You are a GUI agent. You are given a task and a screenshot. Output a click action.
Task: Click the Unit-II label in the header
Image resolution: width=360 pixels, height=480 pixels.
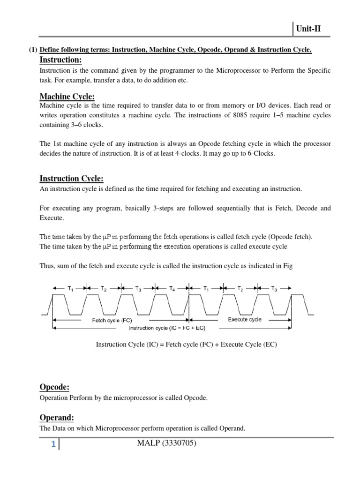pyautogui.click(x=308, y=29)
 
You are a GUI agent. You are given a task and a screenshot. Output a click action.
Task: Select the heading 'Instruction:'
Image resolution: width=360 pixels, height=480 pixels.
pyautogui.click(x=60, y=60)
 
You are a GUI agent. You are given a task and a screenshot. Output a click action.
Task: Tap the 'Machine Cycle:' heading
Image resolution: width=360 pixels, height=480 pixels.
pyautogui.click(x=67, y=97)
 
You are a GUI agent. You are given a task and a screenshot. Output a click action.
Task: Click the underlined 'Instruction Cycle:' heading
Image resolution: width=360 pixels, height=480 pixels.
pyautogui.click(x=71, y=179)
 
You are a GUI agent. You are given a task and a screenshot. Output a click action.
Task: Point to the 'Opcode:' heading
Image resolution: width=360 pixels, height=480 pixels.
pyautogui.click(x=54, y=387)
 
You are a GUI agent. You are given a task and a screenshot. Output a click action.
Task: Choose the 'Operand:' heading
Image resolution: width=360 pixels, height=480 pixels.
pyautogui.click(x=57, y=418)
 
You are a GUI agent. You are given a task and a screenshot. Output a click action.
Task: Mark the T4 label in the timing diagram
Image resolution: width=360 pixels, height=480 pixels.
pyautogui.click(x=172, y=289)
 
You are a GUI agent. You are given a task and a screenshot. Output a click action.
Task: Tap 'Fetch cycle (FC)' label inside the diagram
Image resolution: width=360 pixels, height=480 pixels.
pyautogui.click(x=112, y=321)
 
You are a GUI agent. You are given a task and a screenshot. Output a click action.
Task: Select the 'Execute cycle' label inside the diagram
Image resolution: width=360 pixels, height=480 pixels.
pyautogui.click(x=245, y=320)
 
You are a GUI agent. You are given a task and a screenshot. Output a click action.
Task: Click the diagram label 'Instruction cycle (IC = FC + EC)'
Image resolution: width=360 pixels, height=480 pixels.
pyautogui.click(x=167, y=328)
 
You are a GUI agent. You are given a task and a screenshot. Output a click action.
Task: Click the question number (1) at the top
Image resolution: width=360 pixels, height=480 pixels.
pyautogui.click(x=33, y=50)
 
